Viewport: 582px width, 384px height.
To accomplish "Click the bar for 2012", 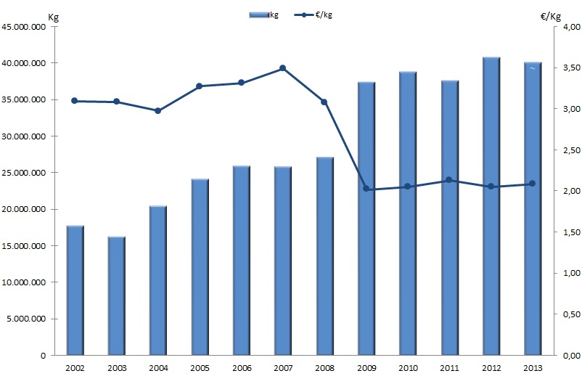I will [x=491, y=206].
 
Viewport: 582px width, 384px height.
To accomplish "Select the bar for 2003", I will [x=116, y=295].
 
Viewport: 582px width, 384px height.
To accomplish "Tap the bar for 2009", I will [x=366, y=218].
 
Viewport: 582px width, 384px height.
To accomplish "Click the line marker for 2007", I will [x=282, y=68].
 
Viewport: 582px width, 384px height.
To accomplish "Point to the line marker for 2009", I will [x=366, y=189].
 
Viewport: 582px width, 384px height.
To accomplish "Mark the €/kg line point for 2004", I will [x=157, y=110].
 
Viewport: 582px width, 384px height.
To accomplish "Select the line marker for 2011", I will [x=449, y=180].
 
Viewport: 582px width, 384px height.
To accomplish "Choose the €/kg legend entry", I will [x=318, y=15].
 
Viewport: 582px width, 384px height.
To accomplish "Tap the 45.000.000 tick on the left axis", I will [x=26, y=27].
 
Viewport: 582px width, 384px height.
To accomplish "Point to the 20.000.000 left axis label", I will [x=26, y=209].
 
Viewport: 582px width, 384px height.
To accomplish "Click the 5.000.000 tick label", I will [x=28, y=319].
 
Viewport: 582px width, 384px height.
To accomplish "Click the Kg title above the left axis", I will [x=52, y=17].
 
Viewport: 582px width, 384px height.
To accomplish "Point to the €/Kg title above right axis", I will [x=551, y=17].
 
